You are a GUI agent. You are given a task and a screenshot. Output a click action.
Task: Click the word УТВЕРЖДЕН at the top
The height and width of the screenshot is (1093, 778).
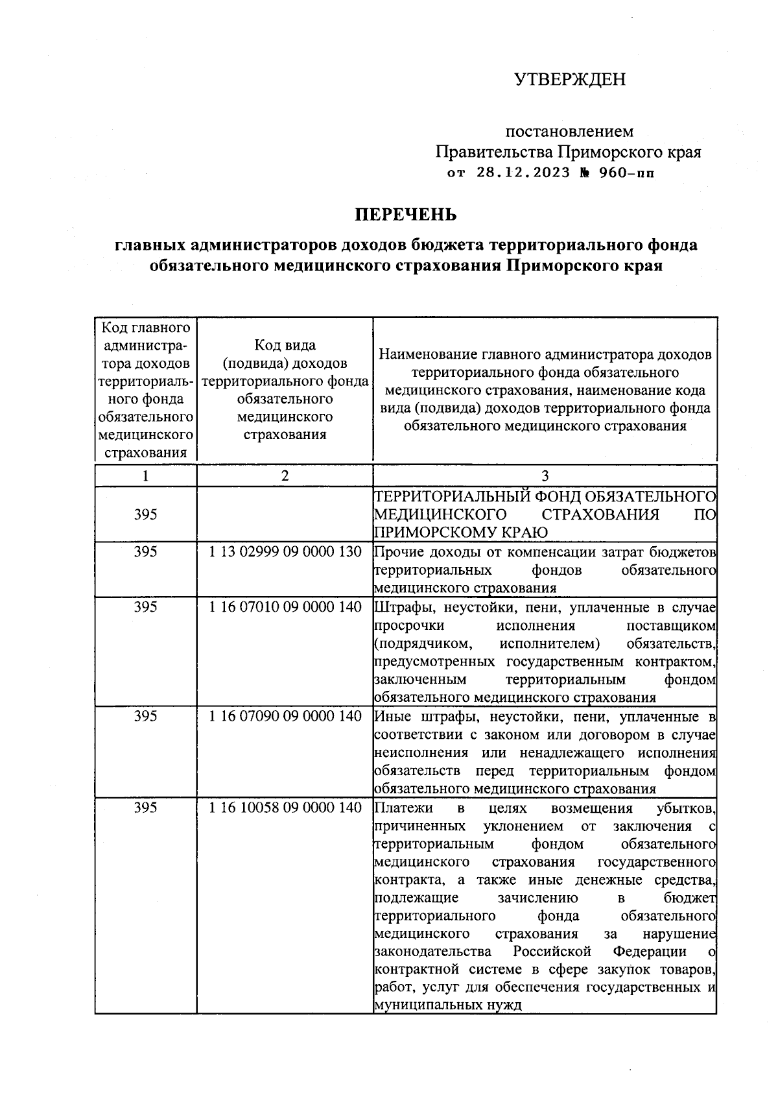click(x=570, y=80)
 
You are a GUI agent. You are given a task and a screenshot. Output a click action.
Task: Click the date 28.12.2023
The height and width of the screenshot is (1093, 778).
click(x=523, y=173)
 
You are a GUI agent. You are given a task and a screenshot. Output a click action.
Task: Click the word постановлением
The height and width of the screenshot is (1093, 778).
click(x=569, y=132)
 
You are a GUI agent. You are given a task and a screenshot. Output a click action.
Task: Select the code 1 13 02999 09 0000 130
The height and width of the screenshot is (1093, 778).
click(x=285, y=553)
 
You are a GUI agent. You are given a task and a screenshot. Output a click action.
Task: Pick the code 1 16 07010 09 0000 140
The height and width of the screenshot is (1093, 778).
click(x=285, y=608)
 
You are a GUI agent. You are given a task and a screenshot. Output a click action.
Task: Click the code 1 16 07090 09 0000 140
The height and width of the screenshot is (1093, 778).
click(x=285, y=717)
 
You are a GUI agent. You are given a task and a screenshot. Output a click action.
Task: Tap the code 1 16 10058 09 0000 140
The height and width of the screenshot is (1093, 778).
click(x=285, y=808)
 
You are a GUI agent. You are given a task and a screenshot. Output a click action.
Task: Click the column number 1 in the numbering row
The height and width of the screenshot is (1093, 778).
click(x=146, y=476)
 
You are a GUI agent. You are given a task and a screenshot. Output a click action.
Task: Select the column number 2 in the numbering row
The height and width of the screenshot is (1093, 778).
click(x=285, y=476)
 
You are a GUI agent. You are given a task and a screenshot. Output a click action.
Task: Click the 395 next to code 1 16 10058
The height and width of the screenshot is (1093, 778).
click(x=146, y=808)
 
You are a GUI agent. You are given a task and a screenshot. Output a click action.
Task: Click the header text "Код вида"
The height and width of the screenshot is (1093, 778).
click(x=285, y=346)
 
